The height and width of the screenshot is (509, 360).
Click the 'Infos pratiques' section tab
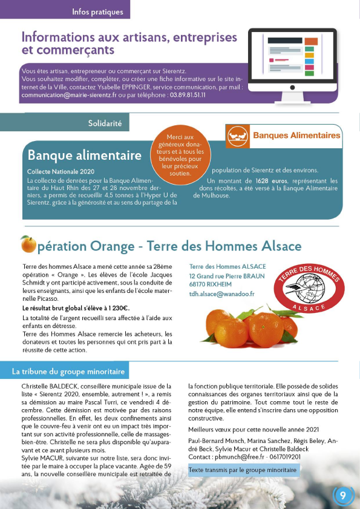tap(97, 12)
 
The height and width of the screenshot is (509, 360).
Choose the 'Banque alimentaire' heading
tap(85, 156)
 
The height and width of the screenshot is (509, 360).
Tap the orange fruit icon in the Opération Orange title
tap(28, 245)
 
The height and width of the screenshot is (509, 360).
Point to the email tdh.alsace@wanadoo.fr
tap(221, 294)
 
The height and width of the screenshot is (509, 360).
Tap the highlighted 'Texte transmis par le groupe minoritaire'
tap(242, 470)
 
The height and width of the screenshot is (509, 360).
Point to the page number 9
tap(343, 496)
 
